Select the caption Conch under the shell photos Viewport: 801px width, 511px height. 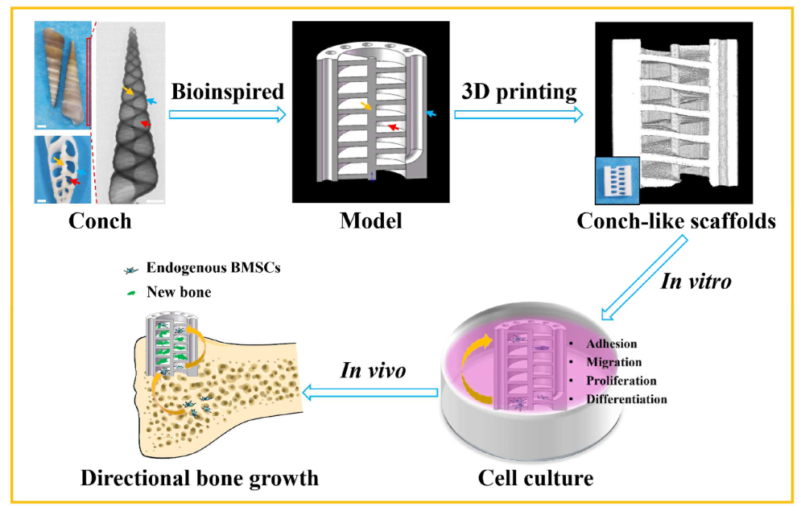(100, 220)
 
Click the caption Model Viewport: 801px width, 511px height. (371, 220)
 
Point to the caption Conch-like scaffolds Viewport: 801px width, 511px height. (676, 220)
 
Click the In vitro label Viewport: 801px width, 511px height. (700, 280)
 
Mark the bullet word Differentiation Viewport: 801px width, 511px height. (626, 398)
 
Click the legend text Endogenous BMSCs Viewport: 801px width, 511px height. (196, 271)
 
